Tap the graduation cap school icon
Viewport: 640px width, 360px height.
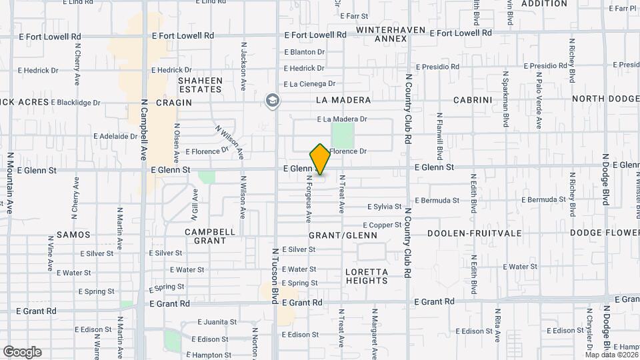tap(271, 101)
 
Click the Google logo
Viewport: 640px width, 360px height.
tap(22, 351)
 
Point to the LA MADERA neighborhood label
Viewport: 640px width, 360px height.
tap(343, 100)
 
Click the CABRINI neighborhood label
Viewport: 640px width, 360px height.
tap(472, 100)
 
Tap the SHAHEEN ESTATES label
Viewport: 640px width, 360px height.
tap(199, 85)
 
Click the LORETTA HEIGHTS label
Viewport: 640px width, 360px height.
tap(367, 276)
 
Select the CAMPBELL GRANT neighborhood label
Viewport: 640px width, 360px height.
tap(209, 236)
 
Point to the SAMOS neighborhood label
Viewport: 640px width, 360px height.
tap(73, 235)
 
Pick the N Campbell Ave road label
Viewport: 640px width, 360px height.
tap(143, 131)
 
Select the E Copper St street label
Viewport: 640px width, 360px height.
tap(382, 226)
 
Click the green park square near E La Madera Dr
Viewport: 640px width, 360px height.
tap(343, 135)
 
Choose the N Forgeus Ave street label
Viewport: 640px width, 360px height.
tap(309, 199)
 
